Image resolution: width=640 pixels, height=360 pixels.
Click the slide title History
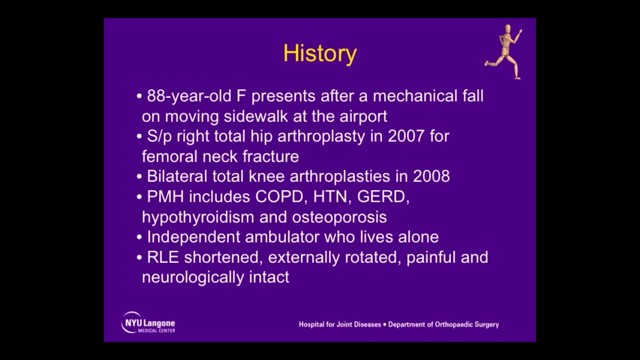[x=320, y=53]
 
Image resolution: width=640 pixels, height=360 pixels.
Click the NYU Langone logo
[x=148, y=323]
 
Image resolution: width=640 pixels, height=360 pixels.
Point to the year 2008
[x=431, y=176]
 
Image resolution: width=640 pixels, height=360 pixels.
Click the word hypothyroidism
[x=198, y=217]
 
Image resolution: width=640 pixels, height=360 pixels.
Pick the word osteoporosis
[x=339, y=217]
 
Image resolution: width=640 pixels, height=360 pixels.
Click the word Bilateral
[x=177, y=176]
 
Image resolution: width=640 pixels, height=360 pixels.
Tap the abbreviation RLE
[x=163, y=257]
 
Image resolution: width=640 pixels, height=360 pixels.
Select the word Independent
[x=193, y=237]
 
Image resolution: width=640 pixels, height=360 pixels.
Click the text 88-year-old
[x=189, y=96]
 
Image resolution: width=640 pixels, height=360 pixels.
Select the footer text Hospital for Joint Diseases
[x=340, y=325]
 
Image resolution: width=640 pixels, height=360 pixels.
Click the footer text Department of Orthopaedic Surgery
[x=443, y=325]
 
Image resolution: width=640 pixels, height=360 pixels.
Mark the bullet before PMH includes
[x=139, y=197]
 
